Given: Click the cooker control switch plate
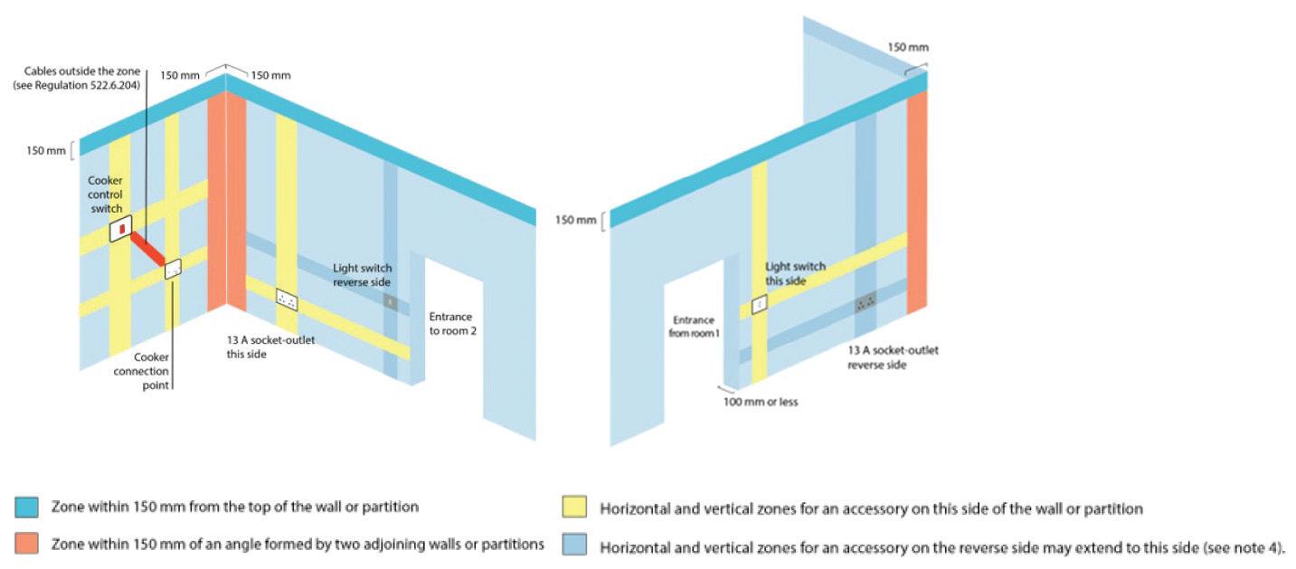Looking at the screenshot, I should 120,230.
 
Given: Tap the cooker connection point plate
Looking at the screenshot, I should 173,269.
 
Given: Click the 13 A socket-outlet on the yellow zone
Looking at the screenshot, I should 287,299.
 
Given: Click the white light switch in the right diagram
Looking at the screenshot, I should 760,305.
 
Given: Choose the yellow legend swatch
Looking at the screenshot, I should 574,507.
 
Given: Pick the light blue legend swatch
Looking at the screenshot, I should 574,545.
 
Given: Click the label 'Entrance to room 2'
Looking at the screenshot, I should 452,324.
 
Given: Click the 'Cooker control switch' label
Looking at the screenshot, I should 105,194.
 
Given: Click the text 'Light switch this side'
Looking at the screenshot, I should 795,274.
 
